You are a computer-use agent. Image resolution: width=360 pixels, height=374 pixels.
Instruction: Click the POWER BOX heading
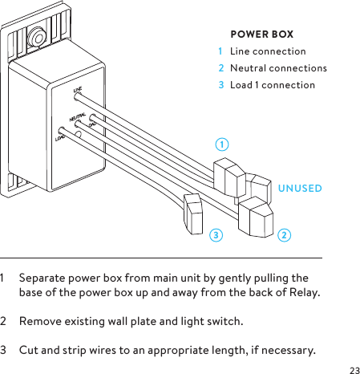click(261, 35)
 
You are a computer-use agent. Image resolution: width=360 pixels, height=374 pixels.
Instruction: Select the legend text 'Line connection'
click(268, 51)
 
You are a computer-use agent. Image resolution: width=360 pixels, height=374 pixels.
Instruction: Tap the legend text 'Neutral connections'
click(278, 68)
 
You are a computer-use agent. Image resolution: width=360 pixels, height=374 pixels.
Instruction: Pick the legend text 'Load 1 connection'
click(273, 85)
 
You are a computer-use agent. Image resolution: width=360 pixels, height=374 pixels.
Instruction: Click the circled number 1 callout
click(222, 144)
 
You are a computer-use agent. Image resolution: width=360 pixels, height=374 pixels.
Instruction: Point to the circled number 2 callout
click(285, 235)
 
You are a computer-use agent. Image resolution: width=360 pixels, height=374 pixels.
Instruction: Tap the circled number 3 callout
click(215, 235)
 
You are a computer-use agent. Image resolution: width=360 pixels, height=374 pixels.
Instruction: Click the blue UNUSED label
click(300, 189)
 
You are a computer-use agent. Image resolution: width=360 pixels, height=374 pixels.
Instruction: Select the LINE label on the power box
click(79, 91)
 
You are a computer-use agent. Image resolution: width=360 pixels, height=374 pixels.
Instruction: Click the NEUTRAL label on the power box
click(79, 118)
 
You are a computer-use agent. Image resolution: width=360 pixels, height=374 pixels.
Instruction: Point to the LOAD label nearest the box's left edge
click(59, 138)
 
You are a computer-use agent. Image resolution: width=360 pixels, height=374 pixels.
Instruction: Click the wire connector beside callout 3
click(194, 213)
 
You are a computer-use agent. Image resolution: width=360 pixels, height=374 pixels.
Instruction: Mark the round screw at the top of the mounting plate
click(37, 36)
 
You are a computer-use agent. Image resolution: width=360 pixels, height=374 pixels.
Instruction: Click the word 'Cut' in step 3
click(28, 351)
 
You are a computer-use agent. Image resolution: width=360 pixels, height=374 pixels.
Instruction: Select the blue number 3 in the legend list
click(221, 85)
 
